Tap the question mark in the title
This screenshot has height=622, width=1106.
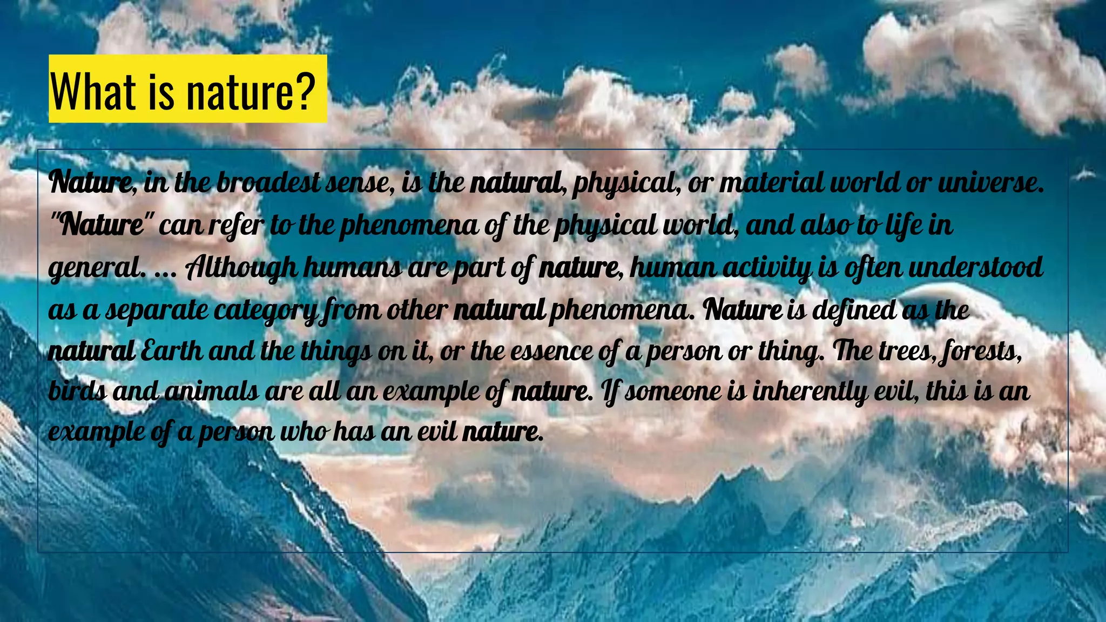pyautogui.click(x=304, y=90)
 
